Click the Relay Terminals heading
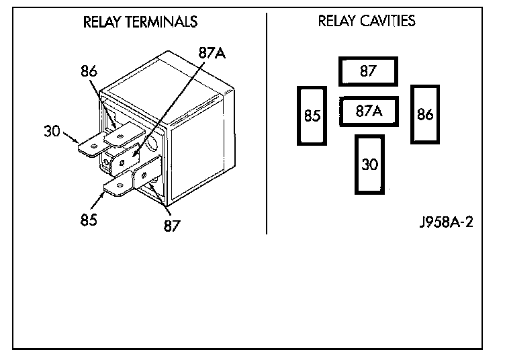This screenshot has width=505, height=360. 140,22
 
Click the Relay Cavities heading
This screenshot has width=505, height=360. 366,21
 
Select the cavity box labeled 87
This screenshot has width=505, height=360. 368,71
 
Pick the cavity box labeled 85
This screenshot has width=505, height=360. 311,116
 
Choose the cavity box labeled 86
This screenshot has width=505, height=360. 424,114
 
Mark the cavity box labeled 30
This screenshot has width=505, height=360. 369,165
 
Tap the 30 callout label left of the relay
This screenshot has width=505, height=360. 52,131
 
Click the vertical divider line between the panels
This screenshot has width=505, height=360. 267,121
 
